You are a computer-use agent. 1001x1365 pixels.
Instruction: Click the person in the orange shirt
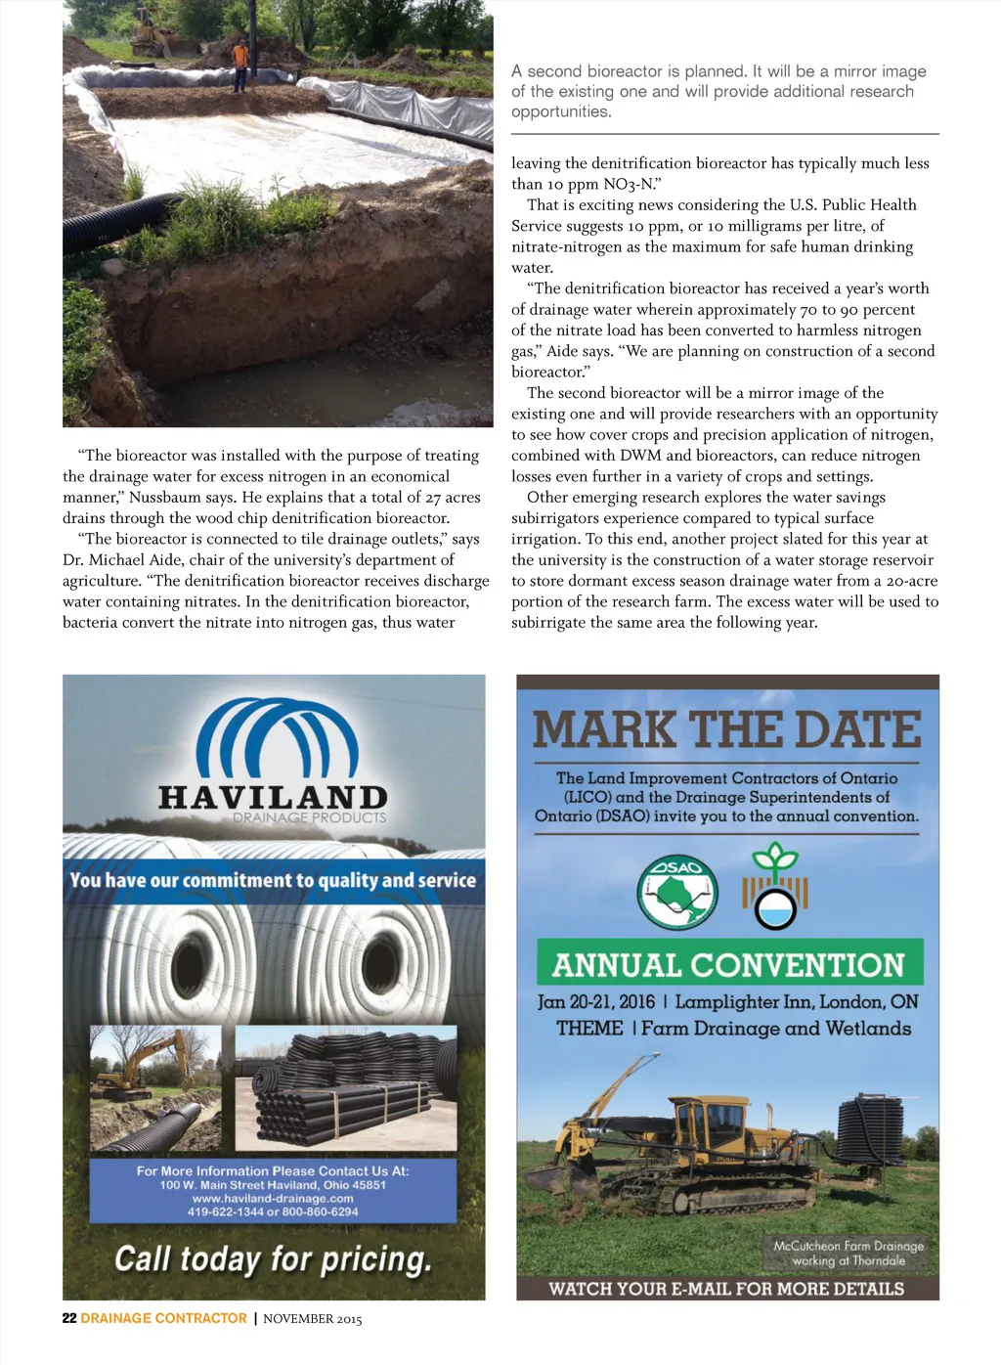(239, 62)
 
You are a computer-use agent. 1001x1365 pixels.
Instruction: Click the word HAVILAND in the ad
(273, 797)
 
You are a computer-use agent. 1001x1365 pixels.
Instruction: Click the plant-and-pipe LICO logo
(775, 885)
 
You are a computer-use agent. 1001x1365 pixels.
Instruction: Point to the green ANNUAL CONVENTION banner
(729, 964)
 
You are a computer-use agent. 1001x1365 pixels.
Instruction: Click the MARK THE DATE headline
(727, 729)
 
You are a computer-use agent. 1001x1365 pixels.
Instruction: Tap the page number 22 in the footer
(69, 1318)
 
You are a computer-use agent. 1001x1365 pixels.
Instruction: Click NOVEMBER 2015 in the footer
(313, 1319)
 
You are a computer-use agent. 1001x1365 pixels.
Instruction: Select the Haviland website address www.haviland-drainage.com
(273, 1198)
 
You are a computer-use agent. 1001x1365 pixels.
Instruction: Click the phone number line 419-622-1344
(273, 1211)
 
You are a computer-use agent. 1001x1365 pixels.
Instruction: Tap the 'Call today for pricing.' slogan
(273, 1258)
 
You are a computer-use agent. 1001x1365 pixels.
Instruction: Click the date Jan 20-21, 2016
(596, 1002)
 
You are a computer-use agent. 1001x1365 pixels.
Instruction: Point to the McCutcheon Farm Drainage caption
(849, 1253)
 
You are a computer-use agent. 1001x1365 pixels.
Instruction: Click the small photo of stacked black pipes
(346, 1087)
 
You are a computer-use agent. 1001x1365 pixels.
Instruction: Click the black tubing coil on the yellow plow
(870, 1129)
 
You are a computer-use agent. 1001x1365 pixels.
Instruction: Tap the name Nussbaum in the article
(165, 497)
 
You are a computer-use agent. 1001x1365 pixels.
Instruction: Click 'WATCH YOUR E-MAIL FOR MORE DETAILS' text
(726, 1289)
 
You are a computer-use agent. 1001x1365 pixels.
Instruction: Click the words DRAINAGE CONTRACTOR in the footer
(164, 1318)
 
